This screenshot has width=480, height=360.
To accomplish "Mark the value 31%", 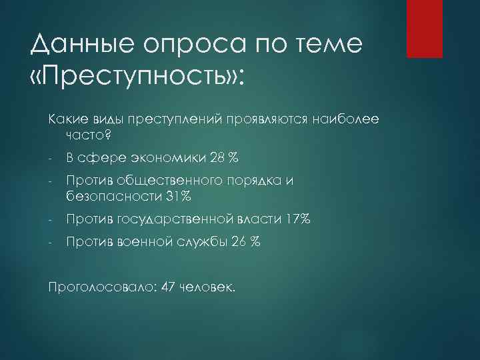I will pyautogui.click(x=177, y=197).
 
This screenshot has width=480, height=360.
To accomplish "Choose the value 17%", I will pyautogui.click(x=296, y=219).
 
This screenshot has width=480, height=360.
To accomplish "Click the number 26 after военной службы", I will pyautogui.click(x=238, y=242).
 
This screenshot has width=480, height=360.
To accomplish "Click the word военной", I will pyautogui.click(x=143, y=242).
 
